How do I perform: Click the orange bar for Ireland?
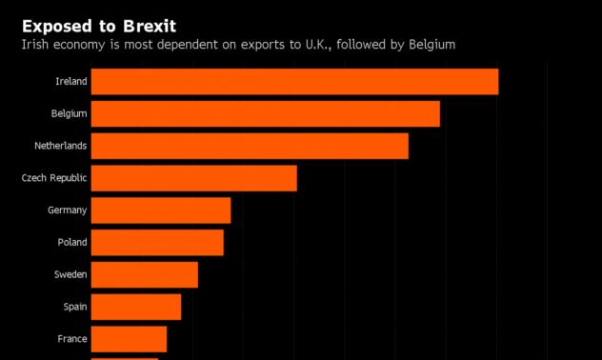click(294, 82)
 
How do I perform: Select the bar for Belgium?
click(265, 114)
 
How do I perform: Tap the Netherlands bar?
click(250, 146)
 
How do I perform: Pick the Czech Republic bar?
click(193, 178)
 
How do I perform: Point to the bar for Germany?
click(160, 210)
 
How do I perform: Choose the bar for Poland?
click(157, 243)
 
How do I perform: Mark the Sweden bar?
click(144, 275)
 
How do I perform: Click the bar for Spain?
click(135, 307)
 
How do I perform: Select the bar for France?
click(129, 339)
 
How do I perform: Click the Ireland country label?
click(70, 82)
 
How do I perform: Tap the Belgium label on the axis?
click(69, 114)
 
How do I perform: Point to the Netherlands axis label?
click(60, 146)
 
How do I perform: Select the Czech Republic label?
click(54, 178)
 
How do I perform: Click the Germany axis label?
click(67, 210)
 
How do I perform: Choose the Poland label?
click(71, 243)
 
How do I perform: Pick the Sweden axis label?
click(70, 275)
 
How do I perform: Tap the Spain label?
click(74, 307)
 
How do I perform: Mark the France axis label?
click(71, 339)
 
